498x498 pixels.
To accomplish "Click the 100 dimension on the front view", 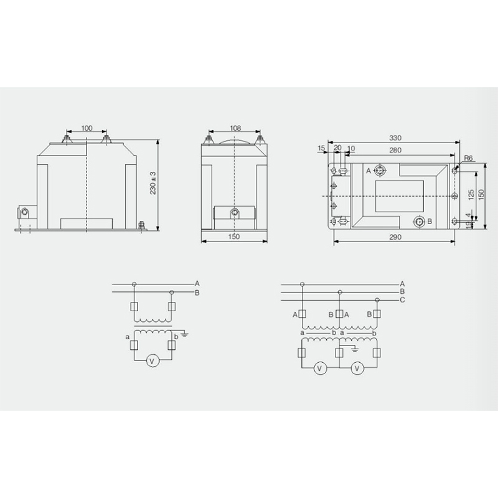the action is pos(87,128).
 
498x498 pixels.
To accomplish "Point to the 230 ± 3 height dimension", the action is pos(153,183).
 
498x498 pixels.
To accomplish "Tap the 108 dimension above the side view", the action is pos(235,128).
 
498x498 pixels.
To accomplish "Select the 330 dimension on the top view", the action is pos(395,138).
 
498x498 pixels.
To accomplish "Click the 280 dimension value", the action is pos(395,150).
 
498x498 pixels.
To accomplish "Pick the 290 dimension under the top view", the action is pos(395,237).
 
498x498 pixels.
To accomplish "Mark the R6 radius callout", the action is pos(469,158).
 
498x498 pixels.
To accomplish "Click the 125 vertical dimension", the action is pos(471,194).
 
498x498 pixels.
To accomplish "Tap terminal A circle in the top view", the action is pos(380,171).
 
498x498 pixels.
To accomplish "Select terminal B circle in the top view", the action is pos(419,222).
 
